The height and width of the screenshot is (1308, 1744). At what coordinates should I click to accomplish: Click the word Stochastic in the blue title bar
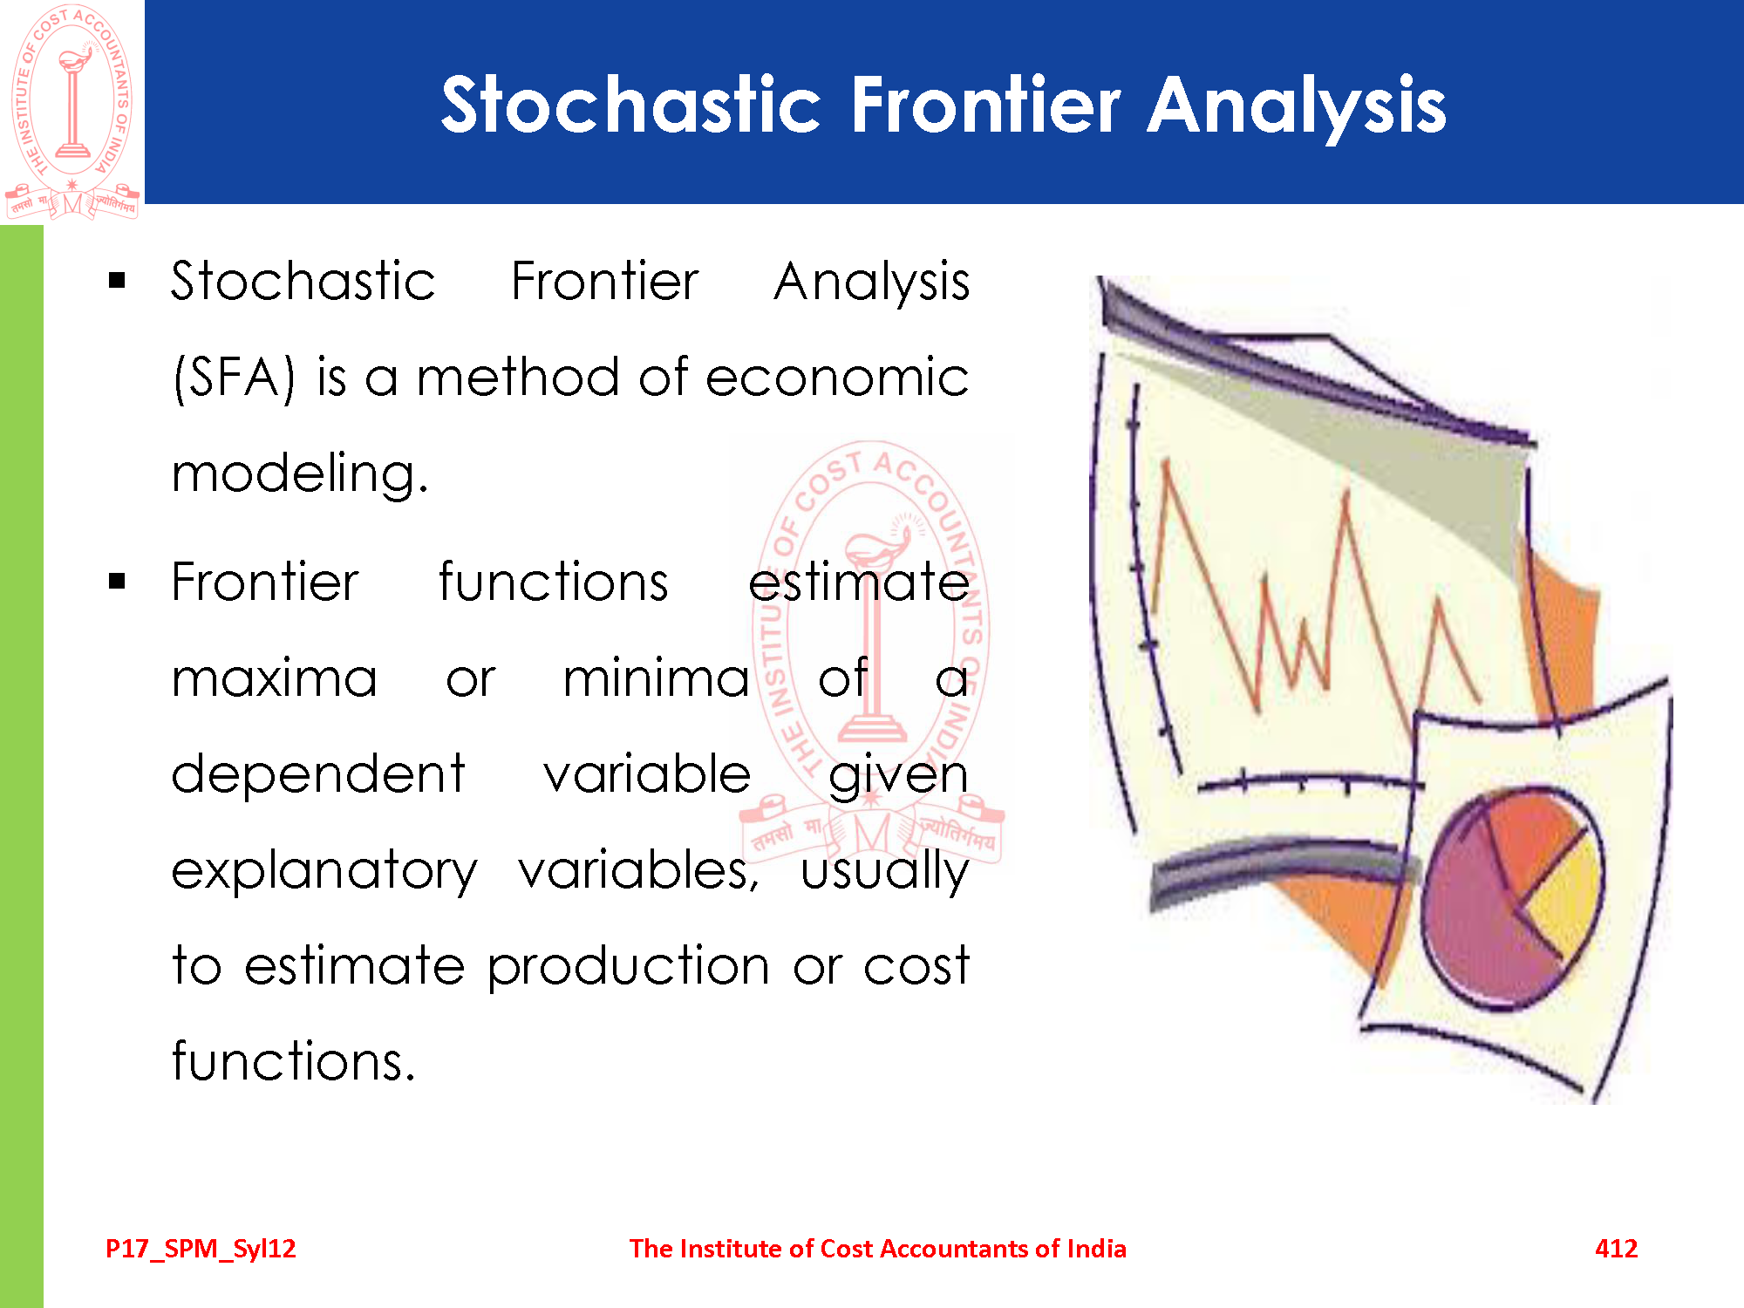631,104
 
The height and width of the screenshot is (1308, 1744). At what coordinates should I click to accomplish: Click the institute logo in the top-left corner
72,112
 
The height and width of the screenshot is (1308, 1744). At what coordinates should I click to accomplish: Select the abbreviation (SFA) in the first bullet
235,378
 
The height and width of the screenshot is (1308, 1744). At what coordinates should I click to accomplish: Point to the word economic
837,377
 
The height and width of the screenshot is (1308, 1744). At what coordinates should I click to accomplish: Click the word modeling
300,474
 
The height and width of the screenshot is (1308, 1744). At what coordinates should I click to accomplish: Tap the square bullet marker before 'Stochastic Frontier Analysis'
118,281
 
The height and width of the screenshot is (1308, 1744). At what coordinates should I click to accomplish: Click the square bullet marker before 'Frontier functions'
118,582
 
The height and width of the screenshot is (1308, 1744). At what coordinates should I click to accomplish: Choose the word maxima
275,678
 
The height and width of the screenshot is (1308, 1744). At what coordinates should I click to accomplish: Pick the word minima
656,678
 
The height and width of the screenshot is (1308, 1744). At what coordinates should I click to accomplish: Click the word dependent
318,774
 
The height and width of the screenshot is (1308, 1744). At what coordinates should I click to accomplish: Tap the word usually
885,871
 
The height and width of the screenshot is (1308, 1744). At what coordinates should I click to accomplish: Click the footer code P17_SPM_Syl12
201,1249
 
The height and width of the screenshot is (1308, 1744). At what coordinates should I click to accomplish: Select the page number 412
1616,1248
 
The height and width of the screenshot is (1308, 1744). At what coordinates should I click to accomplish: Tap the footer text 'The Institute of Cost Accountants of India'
878,1249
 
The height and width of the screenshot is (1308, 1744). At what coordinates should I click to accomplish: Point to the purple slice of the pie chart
1474,924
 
